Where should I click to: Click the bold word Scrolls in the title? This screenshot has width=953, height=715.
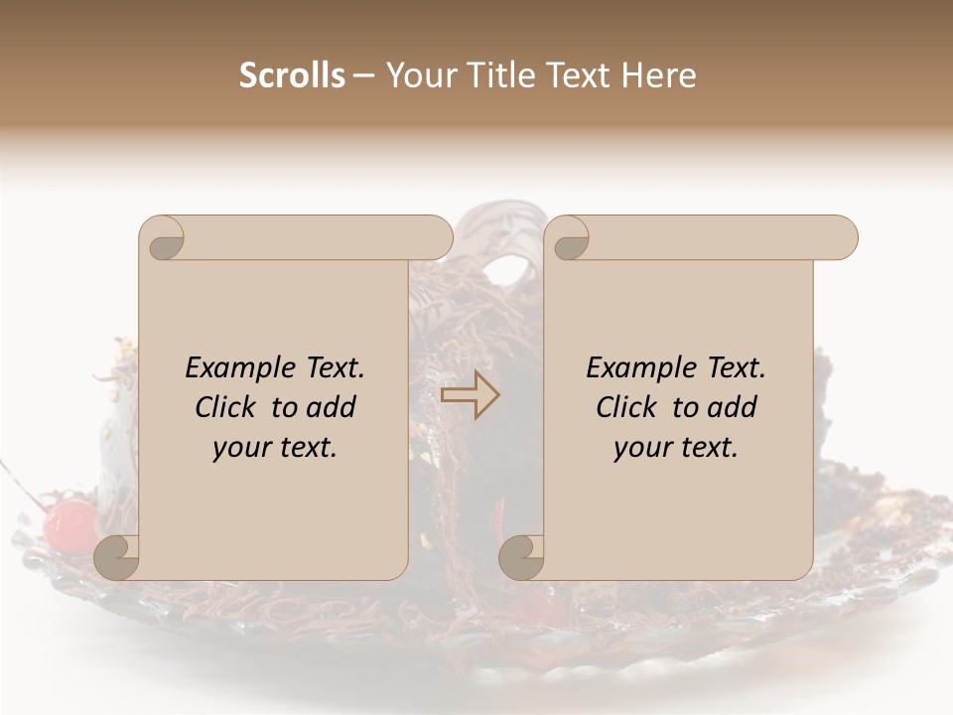click(292, 75)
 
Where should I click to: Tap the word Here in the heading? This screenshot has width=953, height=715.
click(659, 75)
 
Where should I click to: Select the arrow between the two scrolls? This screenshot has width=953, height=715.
click(471, 395)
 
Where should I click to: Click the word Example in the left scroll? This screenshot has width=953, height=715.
click(229, 368)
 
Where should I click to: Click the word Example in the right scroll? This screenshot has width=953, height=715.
click(630, 368)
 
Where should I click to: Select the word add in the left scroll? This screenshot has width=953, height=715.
click(332, 407)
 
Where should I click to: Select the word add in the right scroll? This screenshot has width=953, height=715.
click(733, 407)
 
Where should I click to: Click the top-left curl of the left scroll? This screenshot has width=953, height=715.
click(162, 239)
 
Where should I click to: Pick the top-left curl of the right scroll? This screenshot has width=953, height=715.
click(568, 239)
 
